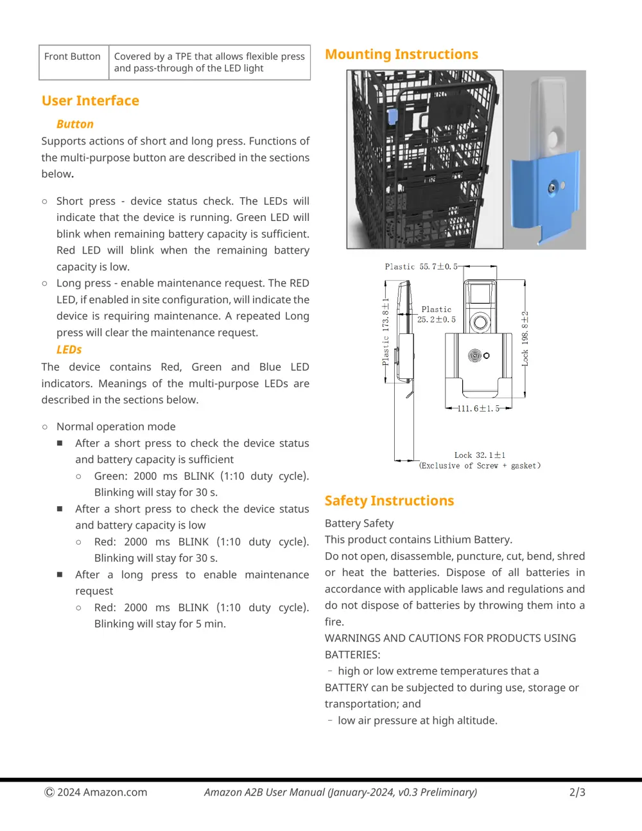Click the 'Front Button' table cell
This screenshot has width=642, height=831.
coord(73,57)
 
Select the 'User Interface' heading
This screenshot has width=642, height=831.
coord(91,101)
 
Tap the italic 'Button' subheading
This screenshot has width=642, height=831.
coord(75,124)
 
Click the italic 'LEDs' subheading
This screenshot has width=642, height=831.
coord(69,349)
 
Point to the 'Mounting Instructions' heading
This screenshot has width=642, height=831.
coord(401,55)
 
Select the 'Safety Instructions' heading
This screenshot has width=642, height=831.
coord(389,501)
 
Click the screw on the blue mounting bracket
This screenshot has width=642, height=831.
coord(552,188)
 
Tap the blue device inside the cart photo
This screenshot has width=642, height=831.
coord(393,118)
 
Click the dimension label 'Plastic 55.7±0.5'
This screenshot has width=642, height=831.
coord(421,267)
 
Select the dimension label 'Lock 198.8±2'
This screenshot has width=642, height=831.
coord(525,338)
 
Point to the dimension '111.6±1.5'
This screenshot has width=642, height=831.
coord(478,408)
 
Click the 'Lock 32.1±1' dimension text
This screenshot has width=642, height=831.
coord(480,455)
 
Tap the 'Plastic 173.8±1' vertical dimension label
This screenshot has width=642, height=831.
coord(386,331)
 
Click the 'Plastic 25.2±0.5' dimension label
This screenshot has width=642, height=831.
coord(437,315)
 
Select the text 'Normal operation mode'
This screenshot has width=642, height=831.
coord(116,426)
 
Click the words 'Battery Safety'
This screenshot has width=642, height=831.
coord(359,523)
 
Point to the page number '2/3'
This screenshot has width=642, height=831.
coord(577,792)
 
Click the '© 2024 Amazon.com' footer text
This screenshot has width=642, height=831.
coord(96,792)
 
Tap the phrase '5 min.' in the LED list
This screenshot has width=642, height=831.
coord(211,624)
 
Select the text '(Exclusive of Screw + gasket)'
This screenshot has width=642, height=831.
coord(480,466)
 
